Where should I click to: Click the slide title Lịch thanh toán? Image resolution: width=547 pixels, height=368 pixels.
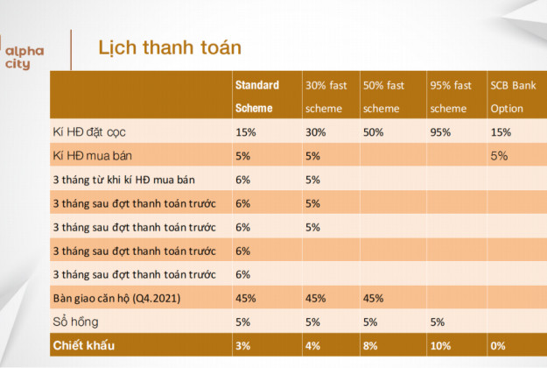tap(170, 48)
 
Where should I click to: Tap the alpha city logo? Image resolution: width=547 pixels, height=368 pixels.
tap(25, 57)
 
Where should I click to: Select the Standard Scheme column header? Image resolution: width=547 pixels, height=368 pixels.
tap(257, 96)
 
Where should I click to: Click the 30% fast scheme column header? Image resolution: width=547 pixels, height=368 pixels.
tap(326, 96)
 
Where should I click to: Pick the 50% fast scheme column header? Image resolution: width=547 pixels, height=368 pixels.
tap(383, 96)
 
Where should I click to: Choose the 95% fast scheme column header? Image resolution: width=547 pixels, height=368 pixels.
tap(451, 96)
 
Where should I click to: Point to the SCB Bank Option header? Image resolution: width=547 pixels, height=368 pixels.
tap(513, 96)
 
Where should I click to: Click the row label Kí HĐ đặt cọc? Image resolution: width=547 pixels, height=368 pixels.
tap(89, 132)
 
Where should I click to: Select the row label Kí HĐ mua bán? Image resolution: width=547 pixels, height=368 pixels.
tap(93, 156)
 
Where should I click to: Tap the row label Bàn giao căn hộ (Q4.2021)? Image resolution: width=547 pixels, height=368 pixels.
tap(117, 299)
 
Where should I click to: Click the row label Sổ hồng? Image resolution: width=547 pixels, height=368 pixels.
tap(75, 322)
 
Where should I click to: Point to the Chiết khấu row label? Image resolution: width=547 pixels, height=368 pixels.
tap(84, 345)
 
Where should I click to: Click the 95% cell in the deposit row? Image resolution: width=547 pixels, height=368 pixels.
tap(440, 132)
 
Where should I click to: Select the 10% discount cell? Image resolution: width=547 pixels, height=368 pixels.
tap(440, 345)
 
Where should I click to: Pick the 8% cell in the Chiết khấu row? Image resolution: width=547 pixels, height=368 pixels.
tap(370, 345)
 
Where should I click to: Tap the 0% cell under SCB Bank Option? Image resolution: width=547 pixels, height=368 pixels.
tap(498, 345)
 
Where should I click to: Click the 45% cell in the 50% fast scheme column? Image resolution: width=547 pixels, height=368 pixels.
tap(373, 299)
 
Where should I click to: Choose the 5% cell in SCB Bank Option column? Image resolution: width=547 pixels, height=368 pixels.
tap(499, 156)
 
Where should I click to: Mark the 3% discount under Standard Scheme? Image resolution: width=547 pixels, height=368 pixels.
tap(242, 345)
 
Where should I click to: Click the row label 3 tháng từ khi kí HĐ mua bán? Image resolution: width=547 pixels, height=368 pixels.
tap(124, 180)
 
